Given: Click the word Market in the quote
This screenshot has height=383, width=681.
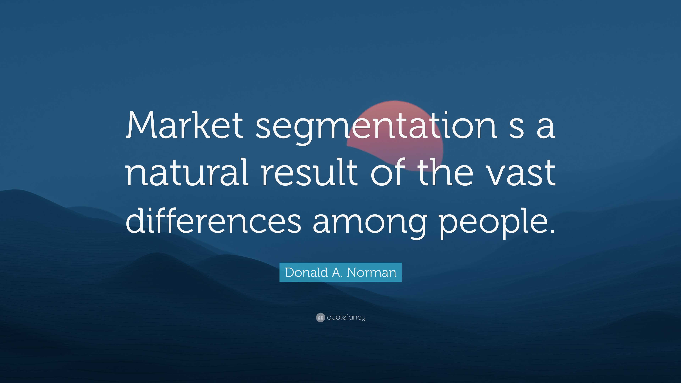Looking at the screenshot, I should [184, 124].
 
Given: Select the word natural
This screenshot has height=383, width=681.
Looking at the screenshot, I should [187, 172].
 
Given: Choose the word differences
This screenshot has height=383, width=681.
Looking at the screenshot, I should [213, 219].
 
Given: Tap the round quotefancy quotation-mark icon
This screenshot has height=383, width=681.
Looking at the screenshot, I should [320, 317].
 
